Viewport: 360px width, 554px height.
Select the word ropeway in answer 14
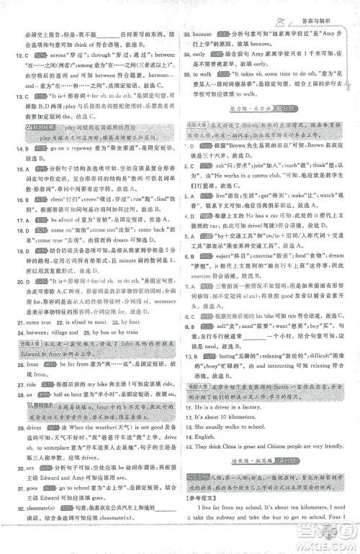pyautogui.click(x=78, y=147)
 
